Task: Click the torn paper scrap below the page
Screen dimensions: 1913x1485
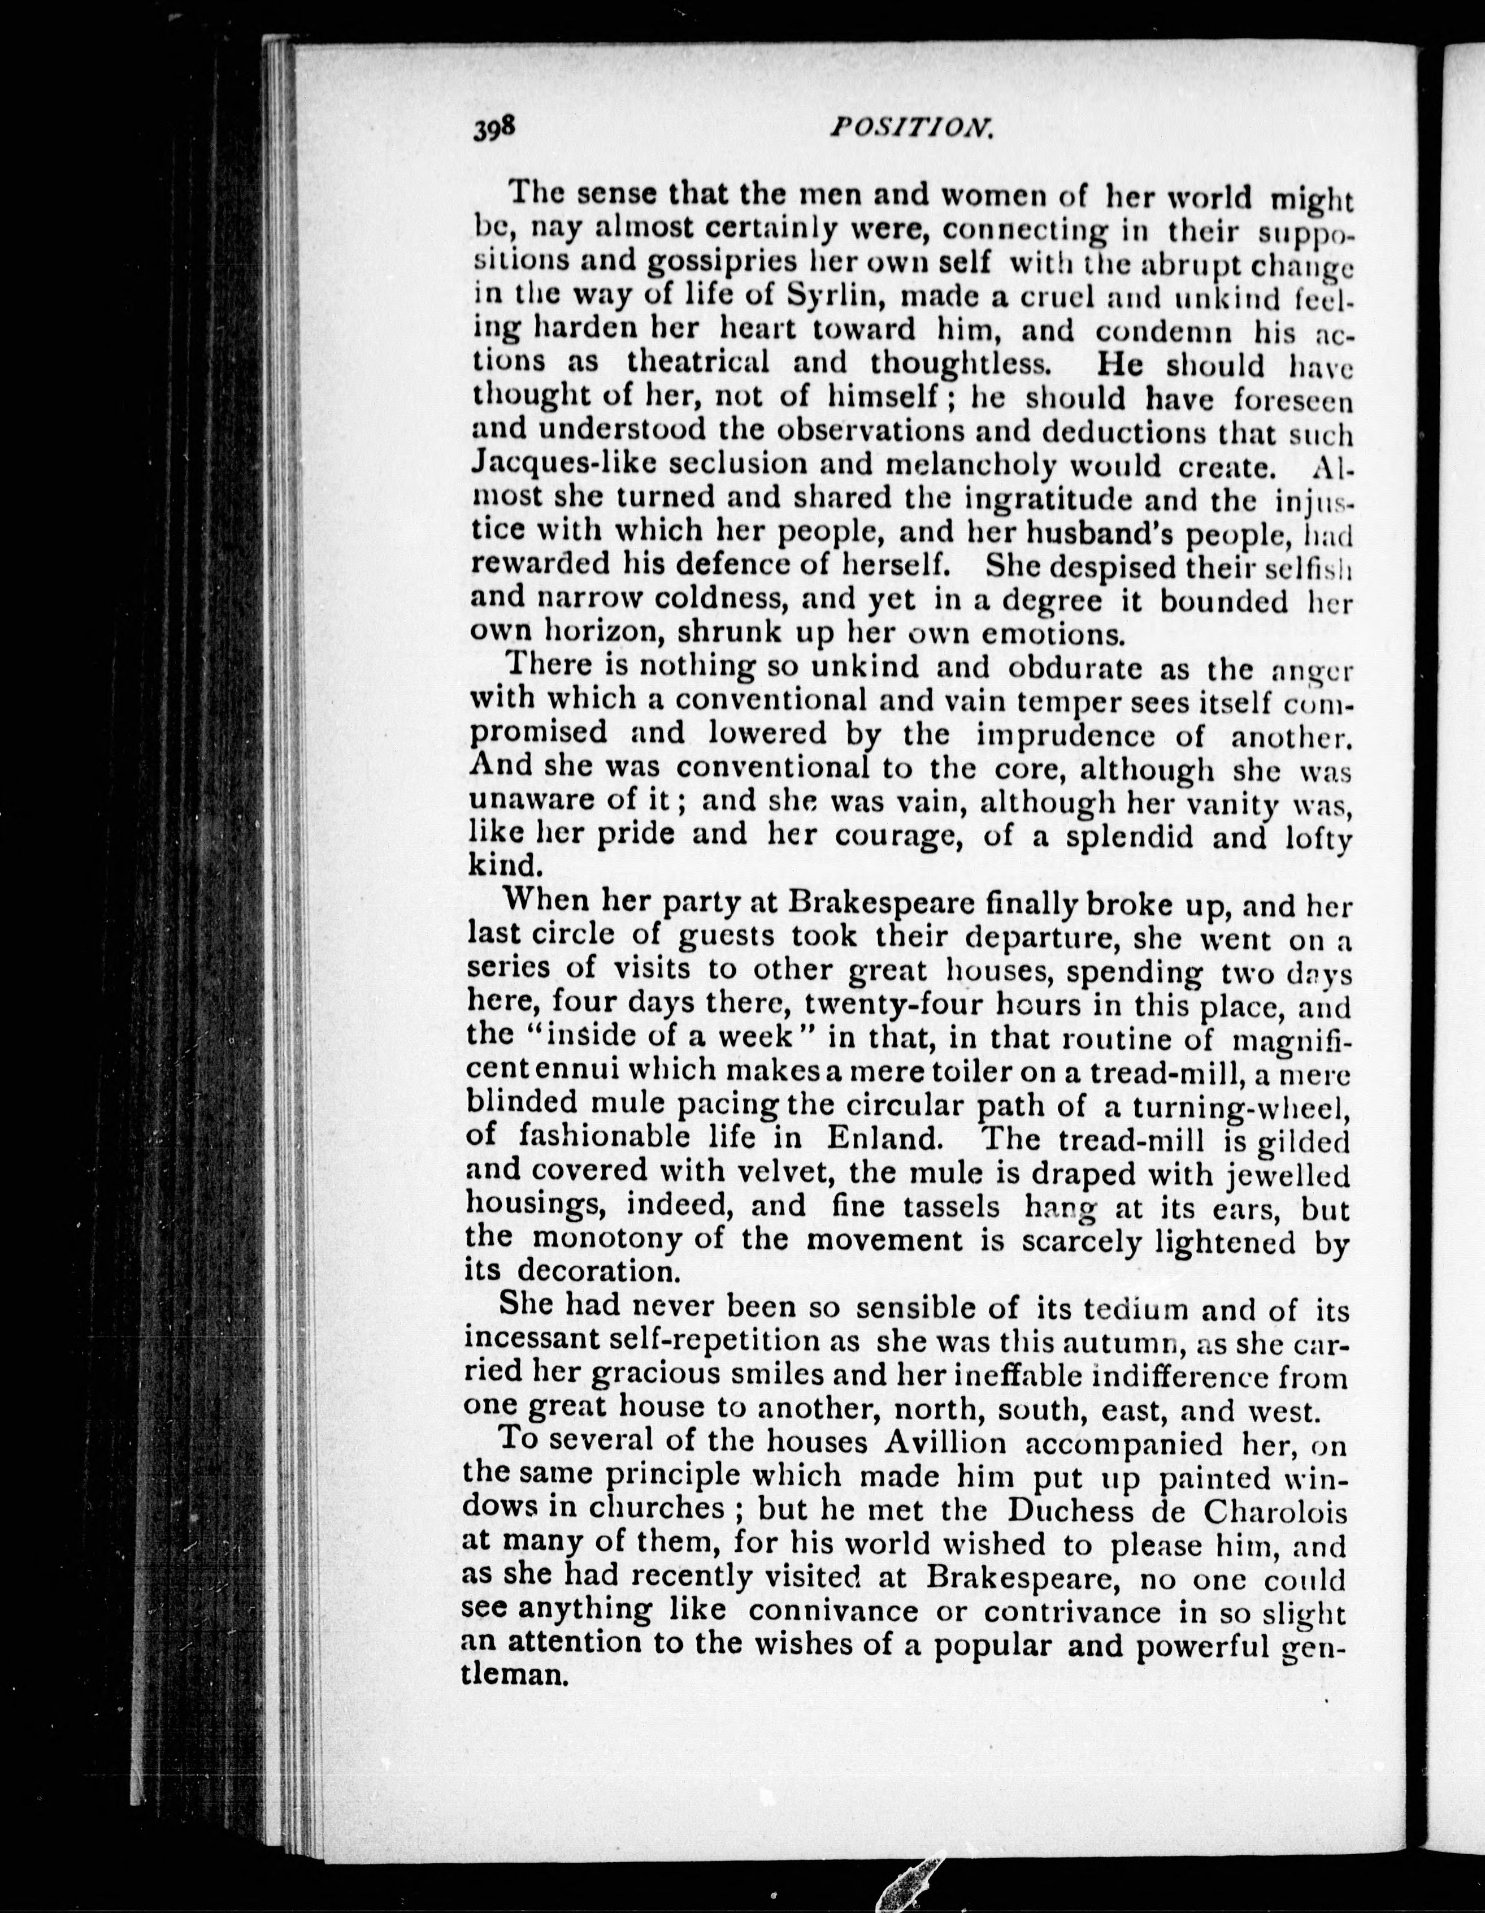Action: (911, 1879)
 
